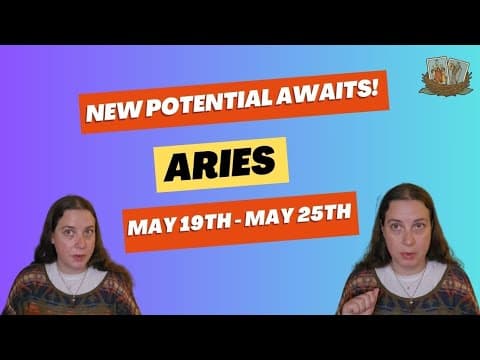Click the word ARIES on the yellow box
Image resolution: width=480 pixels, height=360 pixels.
pyautogui.click(x=220, y=165)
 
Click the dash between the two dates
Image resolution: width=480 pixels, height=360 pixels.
pyautogui.click(x=238, y=221)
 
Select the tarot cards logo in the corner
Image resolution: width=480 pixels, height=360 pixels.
pyautogui.click(x=446, y=76)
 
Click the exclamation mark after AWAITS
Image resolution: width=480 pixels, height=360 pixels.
pyautogui.click(x=375, y=88)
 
